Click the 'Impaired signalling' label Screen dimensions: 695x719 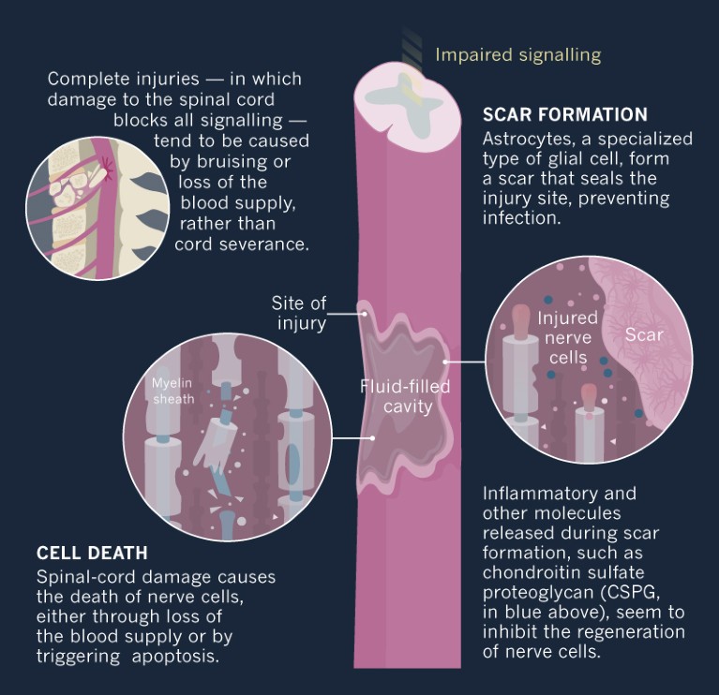click(x=517, y=54)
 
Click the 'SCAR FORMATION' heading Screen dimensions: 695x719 click(x=565, y=115)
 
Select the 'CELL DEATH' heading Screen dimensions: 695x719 click(x=92, y=554)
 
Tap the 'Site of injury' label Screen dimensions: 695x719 click(x=301, y=314)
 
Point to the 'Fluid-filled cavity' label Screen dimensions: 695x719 click(x=406, y=395)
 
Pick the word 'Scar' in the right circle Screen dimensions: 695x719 click(x=643, y=334)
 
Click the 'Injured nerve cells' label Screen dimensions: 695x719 click(x=567, y=338)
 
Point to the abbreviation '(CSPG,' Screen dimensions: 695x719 click(x=652, y=593)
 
